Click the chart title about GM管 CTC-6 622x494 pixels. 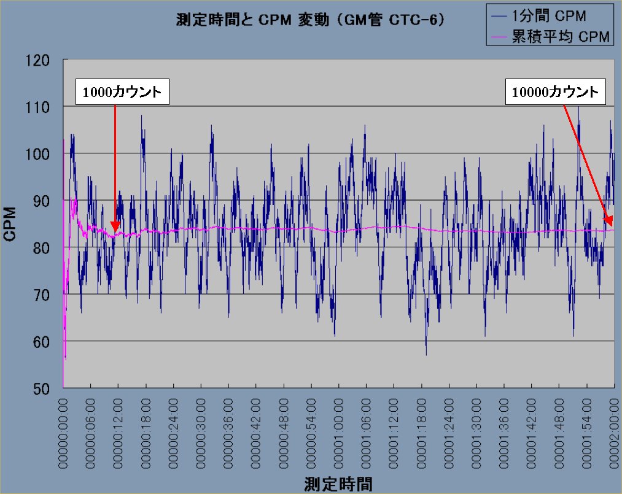coord(310,21)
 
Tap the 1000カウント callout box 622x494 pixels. coord(122,93)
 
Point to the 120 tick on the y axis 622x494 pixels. coord(41,60)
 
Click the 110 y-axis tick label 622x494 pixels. coord(41,107)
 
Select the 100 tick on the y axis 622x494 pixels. coord(41,153)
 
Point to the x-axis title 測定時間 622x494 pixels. coord(338,484)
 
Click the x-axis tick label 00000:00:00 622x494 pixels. coord(64,433)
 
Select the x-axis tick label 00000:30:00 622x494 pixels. coord(201,433)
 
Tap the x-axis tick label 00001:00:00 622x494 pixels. coord(340,433)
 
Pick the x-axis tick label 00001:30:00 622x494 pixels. coord(477,433)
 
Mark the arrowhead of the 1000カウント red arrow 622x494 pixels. coord(115,228)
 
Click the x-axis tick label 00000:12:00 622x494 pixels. coord(119,433)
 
